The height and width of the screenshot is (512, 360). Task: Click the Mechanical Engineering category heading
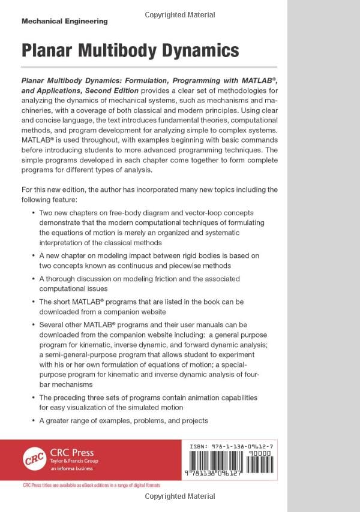(64, 21)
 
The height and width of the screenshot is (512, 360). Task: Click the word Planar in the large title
(49, 50)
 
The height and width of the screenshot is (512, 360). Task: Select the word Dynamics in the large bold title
(199, 50)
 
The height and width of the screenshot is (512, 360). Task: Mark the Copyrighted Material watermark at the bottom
(180, 496)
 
